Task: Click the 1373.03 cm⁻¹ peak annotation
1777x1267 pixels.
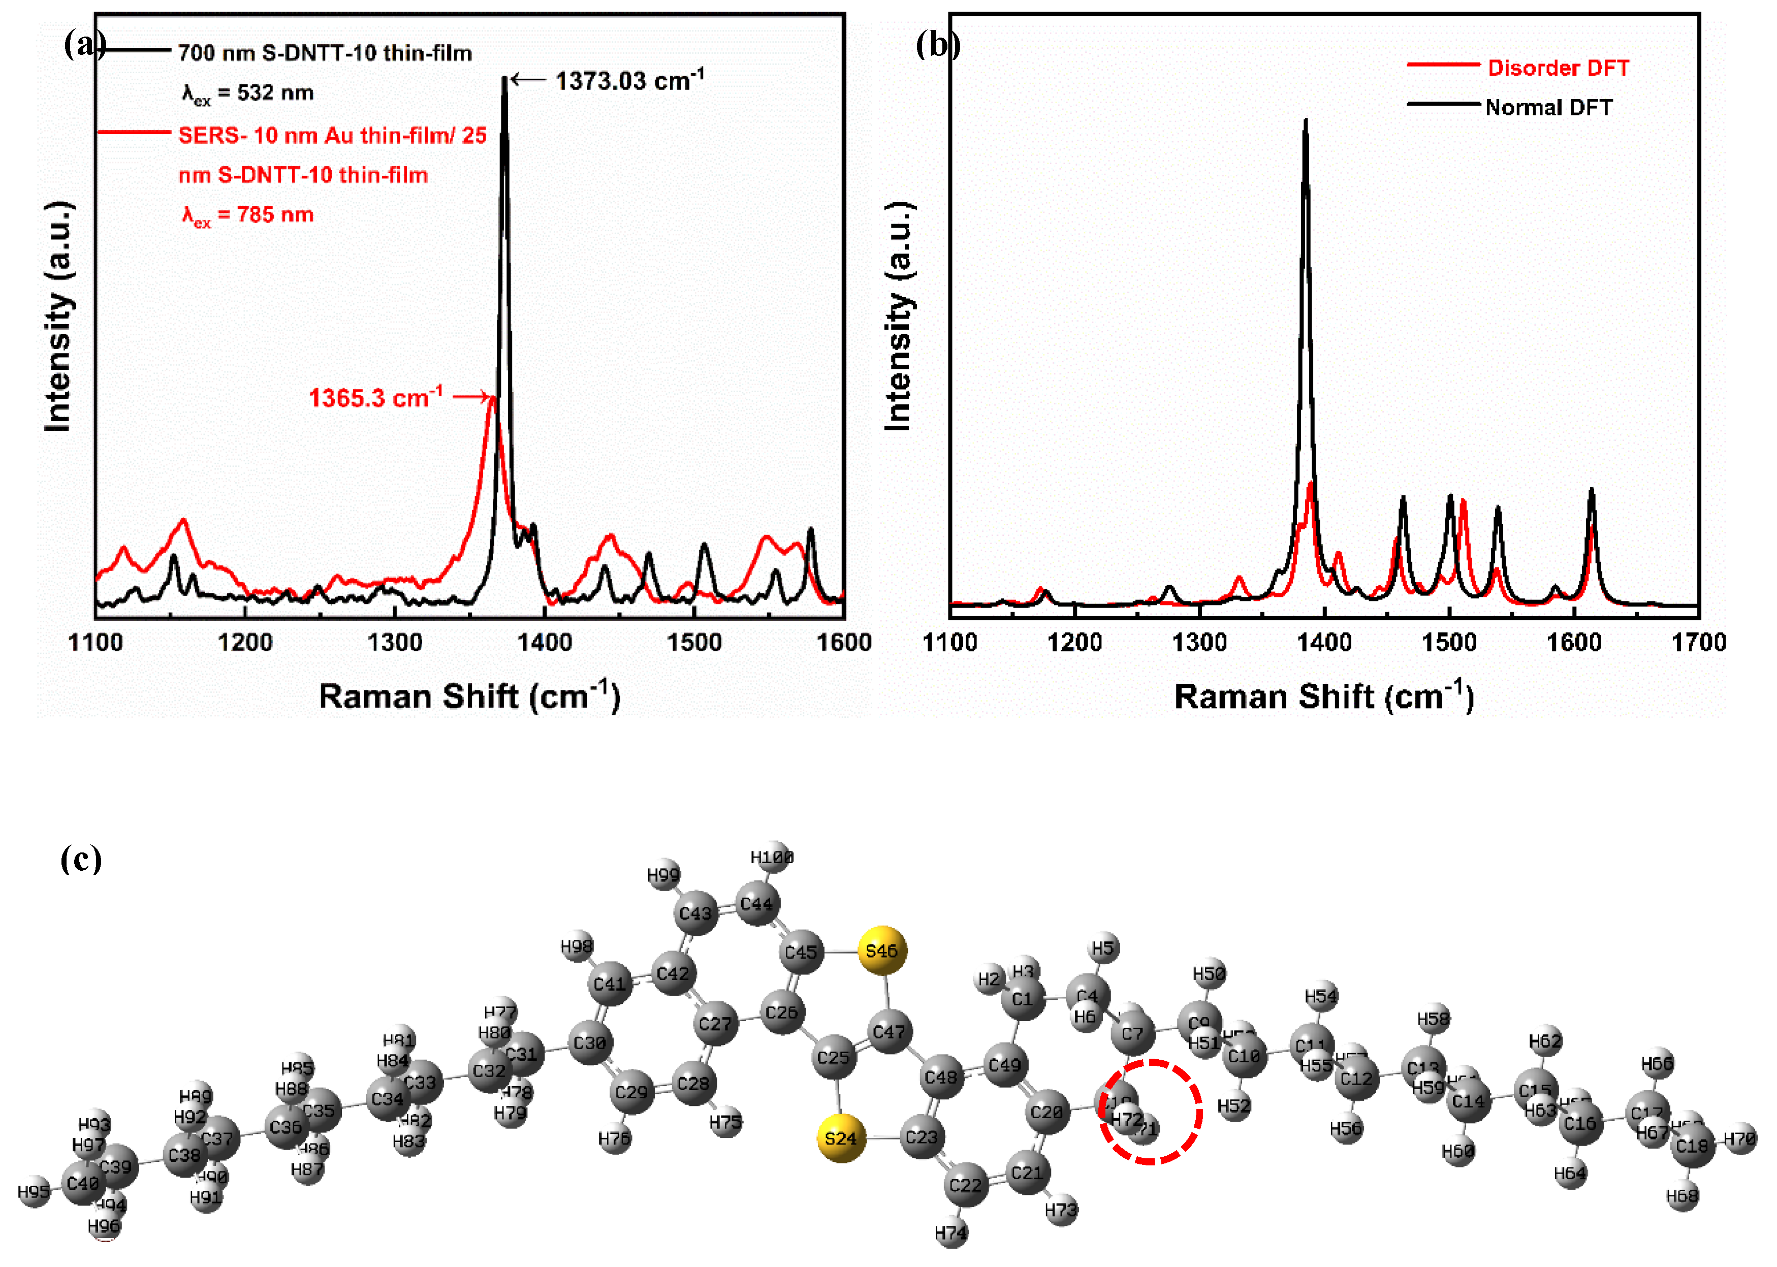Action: pos(629,80)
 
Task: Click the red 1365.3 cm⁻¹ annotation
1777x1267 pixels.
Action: pos(375,397)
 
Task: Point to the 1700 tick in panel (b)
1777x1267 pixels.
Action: pos(1697,642)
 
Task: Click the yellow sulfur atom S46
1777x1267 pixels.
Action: pos(881,950)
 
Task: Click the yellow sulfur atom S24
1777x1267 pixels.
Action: pos(840,1138)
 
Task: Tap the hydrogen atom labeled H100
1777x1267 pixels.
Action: pos(772,858)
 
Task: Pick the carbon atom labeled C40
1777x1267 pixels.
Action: pos(83,1184)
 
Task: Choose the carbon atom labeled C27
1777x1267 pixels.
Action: pos(715,1024)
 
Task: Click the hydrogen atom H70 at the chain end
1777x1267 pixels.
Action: pos(1739,1139)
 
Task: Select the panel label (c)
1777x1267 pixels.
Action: pos(81,859)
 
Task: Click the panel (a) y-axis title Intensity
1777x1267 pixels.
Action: pos(58,316)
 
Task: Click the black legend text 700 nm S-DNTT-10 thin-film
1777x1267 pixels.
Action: pos(325,53)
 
